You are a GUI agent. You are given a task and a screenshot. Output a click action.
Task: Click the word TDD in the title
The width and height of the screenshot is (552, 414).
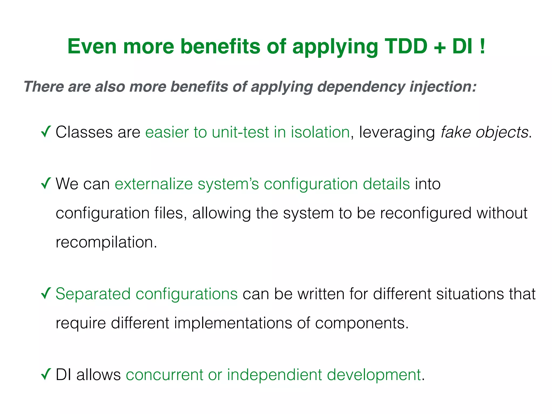[x=406, y=46]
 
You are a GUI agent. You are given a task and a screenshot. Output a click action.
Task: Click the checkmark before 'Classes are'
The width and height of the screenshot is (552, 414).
[x=46, y=132]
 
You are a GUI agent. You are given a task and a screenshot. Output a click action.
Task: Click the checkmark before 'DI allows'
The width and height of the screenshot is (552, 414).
[x=46, y=374]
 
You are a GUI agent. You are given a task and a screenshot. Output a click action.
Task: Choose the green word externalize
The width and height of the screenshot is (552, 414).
[x=154, y=184]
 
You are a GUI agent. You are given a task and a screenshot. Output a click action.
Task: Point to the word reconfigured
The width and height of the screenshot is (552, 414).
[x=426, y=213]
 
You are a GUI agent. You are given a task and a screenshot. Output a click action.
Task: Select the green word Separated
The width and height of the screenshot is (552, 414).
[x=93, y=294]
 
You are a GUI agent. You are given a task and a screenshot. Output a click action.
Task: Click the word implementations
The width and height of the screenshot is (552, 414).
[x=233, y=323]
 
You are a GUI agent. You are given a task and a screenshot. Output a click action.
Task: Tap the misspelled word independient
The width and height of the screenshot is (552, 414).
[x=274, y=375]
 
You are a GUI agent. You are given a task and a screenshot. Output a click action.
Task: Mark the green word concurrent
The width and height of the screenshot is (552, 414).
[x=164, y=375]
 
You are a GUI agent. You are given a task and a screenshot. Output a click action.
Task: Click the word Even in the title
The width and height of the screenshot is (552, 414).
[x=92, y=46]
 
